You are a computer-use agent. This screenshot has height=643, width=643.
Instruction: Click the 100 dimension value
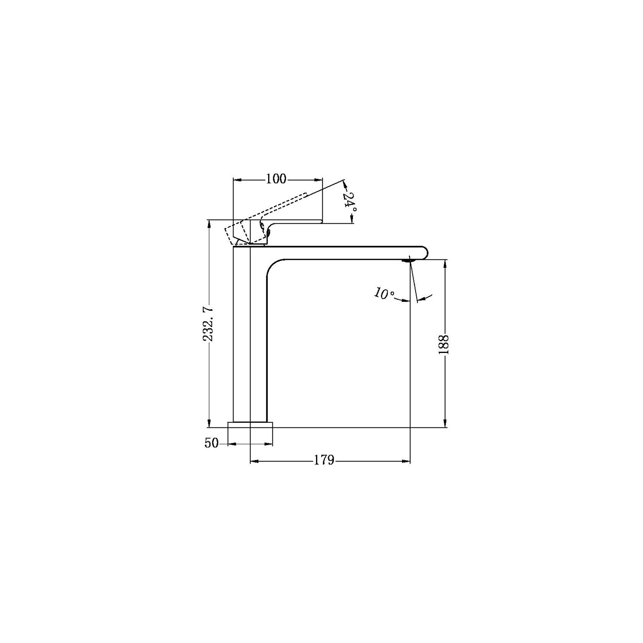pyautogui.click(x=276, y=179)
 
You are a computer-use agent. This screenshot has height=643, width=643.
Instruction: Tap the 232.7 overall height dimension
pyautogui.click(x=208, y=323)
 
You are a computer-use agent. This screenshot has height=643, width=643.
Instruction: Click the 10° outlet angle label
pyautogui.click(x=384, y=294)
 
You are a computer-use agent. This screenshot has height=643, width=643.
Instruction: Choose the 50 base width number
pyautogui.click(x=211, y=443)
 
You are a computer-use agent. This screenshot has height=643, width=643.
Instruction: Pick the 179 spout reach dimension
pyautogui.click(x=325, y=460)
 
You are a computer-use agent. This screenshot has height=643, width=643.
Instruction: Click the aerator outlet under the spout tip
pyautogui.click(x=409, y=260)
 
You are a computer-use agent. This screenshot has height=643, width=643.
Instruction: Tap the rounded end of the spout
pyautogui.click(x=424, y=252)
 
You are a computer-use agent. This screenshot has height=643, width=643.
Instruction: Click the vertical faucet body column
pyautogui.click(x=250, y=338)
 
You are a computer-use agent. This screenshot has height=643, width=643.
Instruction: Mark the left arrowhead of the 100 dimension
pyautogui.click(x=237, y=179)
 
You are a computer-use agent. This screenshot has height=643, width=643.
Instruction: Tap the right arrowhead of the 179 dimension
pyautogui.click(x=407, y=461)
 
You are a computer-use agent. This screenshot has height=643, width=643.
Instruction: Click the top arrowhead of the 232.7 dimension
pyautogui.click(x=209, y=223)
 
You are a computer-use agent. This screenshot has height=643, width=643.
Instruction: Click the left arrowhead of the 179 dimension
pyautogui.click(x=254, y=461)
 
